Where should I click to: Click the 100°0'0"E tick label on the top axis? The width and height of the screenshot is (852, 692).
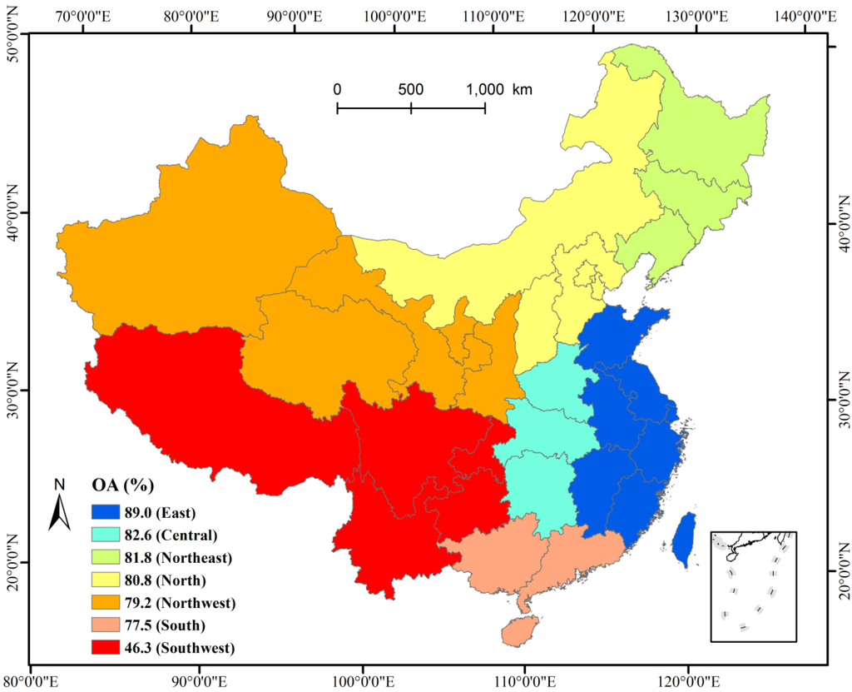tap(394, 14)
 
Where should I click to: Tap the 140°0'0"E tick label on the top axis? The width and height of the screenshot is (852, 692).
tap(805, 14)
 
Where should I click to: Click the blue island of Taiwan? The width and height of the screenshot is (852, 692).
tap(683, 539)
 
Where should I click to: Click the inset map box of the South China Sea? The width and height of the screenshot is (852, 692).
tap(753, 586)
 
